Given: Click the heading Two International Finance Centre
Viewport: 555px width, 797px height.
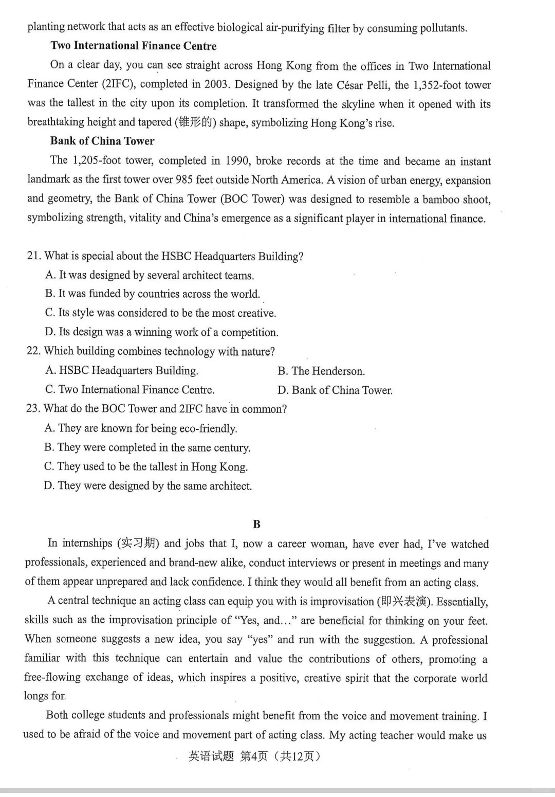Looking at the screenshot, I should (133, 46).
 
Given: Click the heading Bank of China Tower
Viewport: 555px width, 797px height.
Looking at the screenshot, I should (102, 141).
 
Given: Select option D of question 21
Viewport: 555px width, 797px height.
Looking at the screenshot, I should (161, 332).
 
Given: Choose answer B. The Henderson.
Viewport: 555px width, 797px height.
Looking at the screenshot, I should (321, 371).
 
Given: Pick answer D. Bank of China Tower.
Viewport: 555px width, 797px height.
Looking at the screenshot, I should (335, 390).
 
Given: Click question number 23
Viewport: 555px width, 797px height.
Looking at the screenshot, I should (32, 409).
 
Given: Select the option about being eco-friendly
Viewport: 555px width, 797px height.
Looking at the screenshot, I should (141, 428).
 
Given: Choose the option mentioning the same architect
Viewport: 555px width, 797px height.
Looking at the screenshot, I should (148, 486).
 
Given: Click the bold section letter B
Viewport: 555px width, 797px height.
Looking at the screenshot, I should (257, 524).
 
